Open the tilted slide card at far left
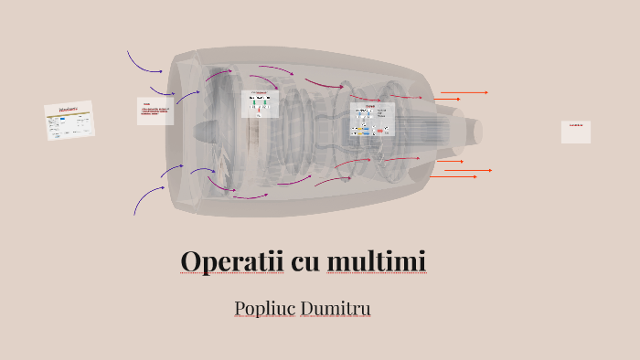[x=69, y=121]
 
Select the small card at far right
[x=576, y=132]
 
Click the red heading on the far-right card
[x=576, y=125]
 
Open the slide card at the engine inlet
[x=155, y=111]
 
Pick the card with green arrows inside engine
[x=260, y=103]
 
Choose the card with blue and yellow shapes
[x=370, y=122]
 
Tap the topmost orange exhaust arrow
[x=464, y=92]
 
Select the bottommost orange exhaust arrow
[x=454, y=176]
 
